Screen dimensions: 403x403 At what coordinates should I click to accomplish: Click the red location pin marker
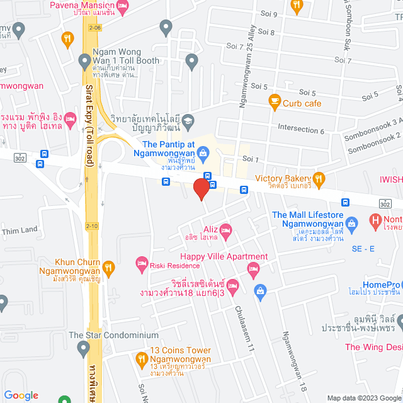(201, 189)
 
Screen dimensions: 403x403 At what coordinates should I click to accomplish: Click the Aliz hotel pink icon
(225, 229)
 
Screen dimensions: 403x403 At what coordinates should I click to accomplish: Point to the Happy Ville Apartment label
(224, 256)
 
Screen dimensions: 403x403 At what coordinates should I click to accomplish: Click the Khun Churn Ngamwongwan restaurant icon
(108, 267)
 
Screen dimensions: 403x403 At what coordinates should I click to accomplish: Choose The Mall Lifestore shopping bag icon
(352, 222)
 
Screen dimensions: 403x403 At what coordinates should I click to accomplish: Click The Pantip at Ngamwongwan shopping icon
(203, 152)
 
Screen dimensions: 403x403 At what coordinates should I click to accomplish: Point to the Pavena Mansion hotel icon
(122, 6)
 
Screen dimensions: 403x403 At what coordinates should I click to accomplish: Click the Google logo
(21, 395)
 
